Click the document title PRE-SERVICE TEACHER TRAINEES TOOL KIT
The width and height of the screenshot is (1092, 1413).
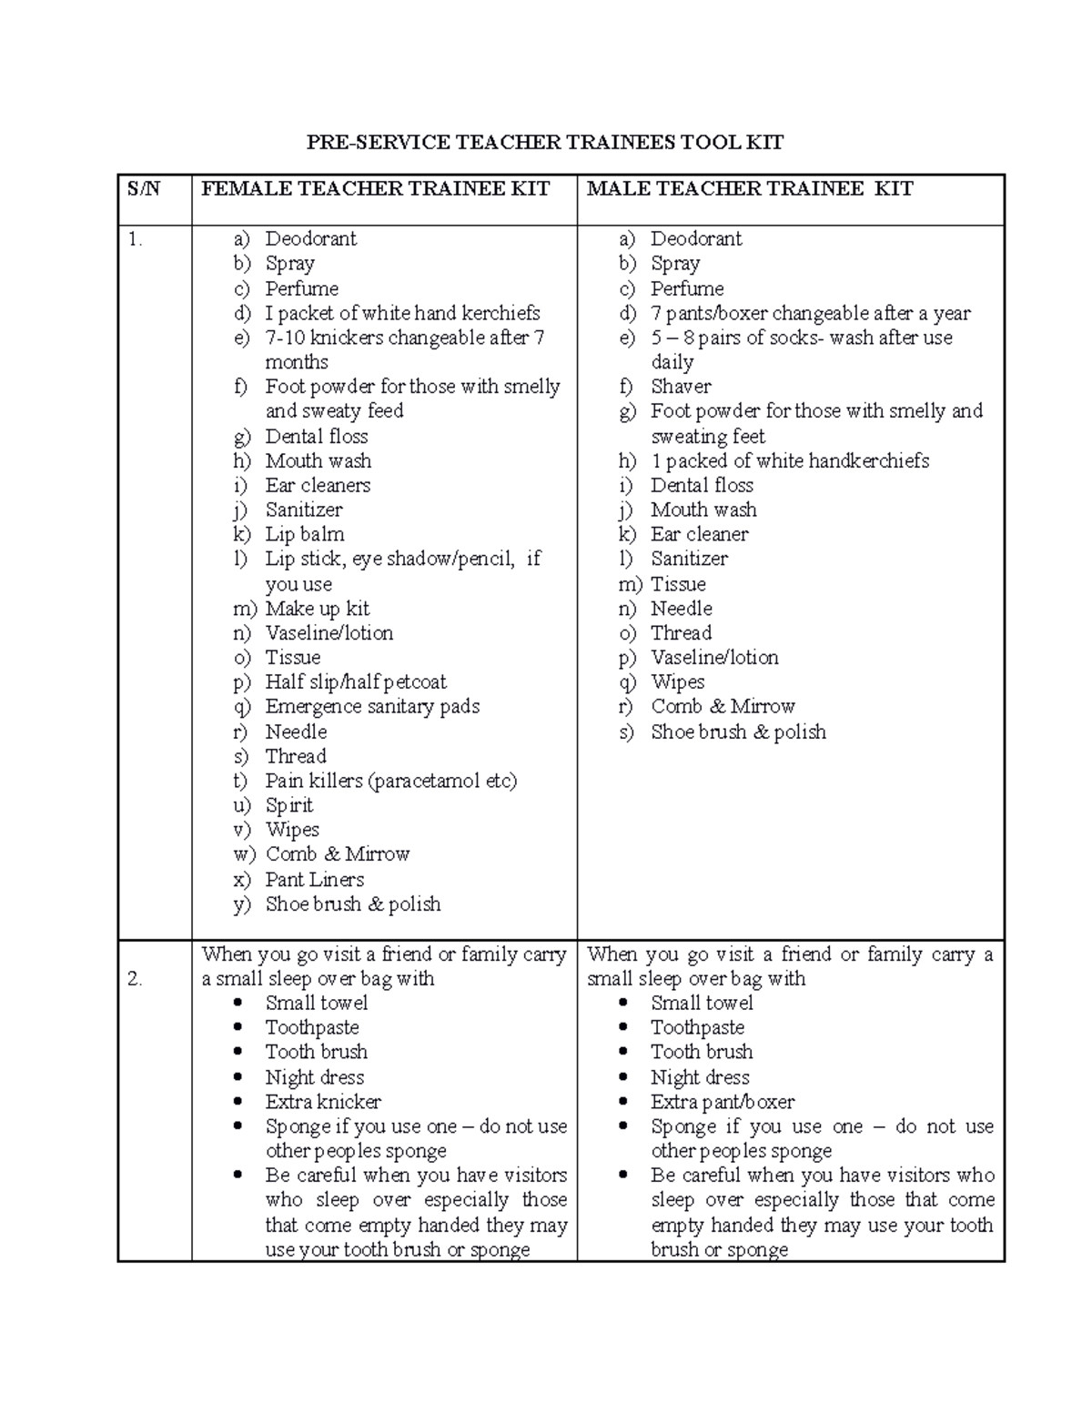pos(544,142)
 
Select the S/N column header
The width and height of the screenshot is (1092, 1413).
pos(143,188)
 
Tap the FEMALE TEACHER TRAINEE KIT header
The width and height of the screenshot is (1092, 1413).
pos(375,188)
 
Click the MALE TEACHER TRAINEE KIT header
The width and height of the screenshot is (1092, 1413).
pos(750,188)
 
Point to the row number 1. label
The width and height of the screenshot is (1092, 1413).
pos(136,239)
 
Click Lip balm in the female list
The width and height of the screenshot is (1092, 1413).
pos(304,534)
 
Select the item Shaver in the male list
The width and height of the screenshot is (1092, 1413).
pos(681,387)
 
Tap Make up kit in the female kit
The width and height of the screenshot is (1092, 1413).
pos(317,608)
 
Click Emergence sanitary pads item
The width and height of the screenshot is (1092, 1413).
pos(371,706)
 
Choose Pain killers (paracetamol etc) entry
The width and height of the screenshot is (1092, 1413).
pos(390,781)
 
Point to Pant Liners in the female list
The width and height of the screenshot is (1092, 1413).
pos(314,879)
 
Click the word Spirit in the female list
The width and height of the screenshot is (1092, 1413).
pos(288,805)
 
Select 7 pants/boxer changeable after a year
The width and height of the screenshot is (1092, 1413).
pos(810,313)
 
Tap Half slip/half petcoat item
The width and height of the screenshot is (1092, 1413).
pos(355,681)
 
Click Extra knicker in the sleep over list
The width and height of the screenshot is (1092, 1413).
pos(322,1102)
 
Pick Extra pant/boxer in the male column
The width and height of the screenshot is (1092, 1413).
pos(723,1102)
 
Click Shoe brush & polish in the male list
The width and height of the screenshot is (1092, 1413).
pos(738,732)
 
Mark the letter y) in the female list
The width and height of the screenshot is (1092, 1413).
pos(241,904)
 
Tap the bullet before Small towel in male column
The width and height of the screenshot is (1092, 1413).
pos(623,1003)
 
